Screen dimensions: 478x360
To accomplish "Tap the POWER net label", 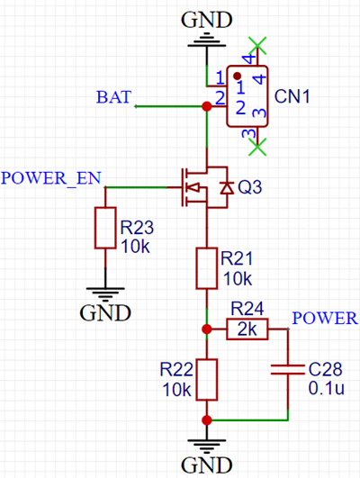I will pos(326,318).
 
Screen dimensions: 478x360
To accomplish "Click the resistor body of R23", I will pos(105,228).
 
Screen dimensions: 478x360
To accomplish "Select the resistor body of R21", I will pos(207,268).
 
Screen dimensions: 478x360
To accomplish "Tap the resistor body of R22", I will pos(207,379).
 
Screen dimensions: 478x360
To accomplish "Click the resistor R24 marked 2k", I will pos(247,330).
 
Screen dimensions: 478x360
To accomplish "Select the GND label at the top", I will pos(206,19).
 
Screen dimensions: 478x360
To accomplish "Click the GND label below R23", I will pos(105,312).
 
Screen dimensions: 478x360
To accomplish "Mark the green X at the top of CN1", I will pos(258,44).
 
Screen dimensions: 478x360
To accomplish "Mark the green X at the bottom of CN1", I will pos(258,142).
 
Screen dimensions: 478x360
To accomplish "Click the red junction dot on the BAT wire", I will pos(207,106).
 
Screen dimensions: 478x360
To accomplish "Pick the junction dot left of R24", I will pos(207,330).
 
